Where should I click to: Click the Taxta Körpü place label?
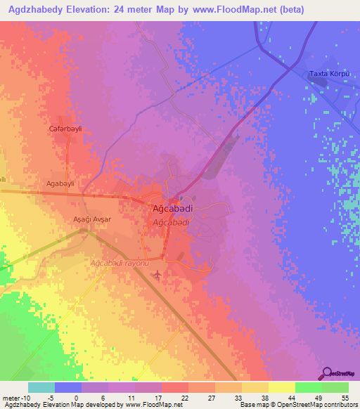click(x=330, y=74)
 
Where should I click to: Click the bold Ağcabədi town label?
click(x=173, y=209)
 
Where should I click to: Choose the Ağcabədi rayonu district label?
click(x=120, y=263)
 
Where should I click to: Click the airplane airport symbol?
click(x=157, y=273)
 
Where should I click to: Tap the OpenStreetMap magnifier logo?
click(x=328, y=372)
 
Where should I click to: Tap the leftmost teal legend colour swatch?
click(x=41, y=387)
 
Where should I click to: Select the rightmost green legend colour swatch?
click(x=335, y=387)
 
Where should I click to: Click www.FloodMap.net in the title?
click(x=239, y=8)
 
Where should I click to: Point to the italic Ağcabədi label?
click(x=171, y=222)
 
